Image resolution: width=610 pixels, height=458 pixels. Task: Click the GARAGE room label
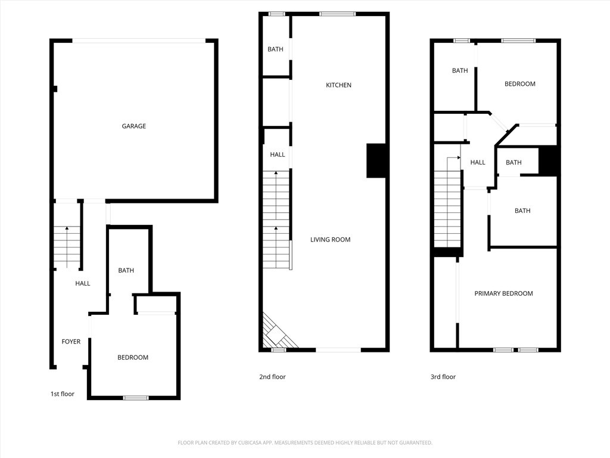pos(134,126)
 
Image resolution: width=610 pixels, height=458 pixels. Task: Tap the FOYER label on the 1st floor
pos(71,342)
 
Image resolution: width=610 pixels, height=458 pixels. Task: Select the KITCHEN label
pos(338,85)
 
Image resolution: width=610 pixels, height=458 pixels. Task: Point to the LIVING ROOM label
pos(330,240)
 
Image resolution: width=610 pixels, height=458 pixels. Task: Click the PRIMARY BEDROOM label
pos(504,293)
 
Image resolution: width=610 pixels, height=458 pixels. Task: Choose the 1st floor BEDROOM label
pos(133,357)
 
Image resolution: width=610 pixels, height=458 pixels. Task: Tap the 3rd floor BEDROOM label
pos(519,83)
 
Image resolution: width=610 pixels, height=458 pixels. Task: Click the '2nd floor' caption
pos(272,377)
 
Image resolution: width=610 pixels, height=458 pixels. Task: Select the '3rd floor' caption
pos(443,377)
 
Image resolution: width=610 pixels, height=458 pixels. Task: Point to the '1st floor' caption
pos(62,394)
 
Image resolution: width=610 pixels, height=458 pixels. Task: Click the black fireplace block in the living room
pos(376,161)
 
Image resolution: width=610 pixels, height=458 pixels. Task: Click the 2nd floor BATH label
pos(275,49)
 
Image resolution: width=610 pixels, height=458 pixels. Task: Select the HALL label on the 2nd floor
pos(278,154)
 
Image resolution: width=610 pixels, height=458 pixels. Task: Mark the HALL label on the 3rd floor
pos(478,162)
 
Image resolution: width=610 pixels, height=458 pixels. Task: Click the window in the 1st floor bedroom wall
pos(136,398)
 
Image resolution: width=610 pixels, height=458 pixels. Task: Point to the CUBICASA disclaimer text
pos(305,442)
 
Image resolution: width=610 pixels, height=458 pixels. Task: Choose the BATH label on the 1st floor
pos(126,270)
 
